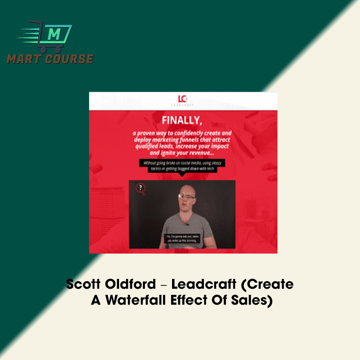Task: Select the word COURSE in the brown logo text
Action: [70, 59]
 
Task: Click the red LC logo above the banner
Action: [183, 99]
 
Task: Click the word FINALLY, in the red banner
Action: [182, 120]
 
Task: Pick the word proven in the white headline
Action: [149, 133]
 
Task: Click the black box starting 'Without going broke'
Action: [178, 165]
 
